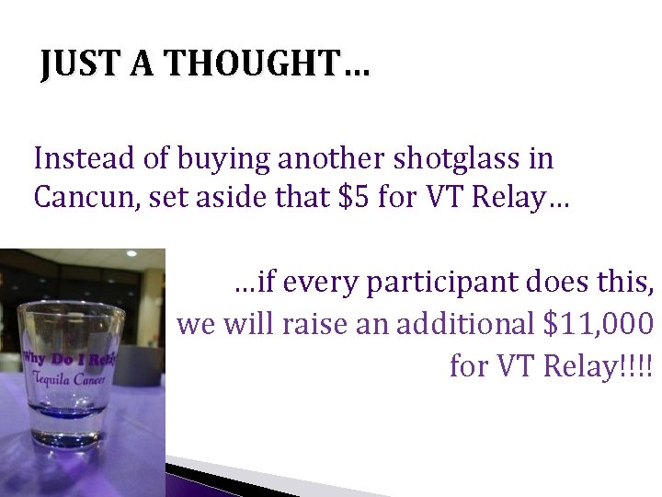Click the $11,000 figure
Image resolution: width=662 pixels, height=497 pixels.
[x=599, y=324]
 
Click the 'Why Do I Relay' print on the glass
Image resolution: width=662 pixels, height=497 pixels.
[x=71, y=358]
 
